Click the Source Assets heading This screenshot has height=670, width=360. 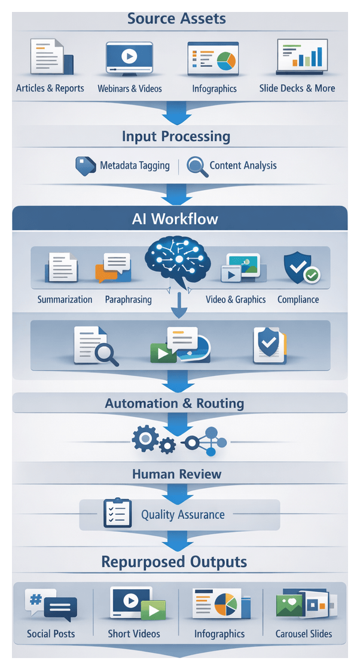[x=176, y=18]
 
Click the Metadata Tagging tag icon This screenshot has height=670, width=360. [x=86, y=166]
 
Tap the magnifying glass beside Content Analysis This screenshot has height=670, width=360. [x=197, y=166]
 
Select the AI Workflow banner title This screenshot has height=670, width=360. [x=175, y=219]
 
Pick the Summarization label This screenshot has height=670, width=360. [x=65, y=299]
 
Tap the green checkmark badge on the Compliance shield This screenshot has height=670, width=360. [x=311, y=275]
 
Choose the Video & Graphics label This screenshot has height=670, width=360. [x=236, y=299]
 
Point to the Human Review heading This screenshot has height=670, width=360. [x=177, y=474]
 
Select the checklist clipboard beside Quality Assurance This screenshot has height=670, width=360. [x=117, y=513]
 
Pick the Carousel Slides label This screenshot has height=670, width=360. [x=304, y=634]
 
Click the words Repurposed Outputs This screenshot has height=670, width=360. [x=174, y=562]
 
